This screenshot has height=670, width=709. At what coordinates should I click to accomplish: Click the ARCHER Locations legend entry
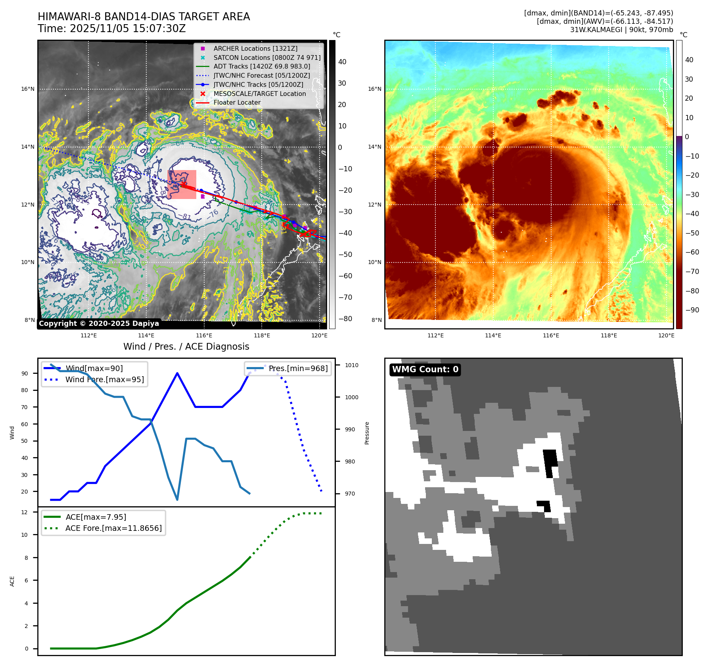click(x=255, y=48)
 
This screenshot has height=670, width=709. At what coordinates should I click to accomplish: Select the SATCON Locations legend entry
click(x=266, y=57)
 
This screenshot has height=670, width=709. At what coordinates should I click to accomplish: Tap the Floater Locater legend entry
click(x=237, y=102)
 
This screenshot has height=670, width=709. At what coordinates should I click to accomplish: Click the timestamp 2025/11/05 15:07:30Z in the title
click(x=128, y=29)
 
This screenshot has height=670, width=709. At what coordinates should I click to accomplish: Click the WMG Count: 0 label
click(x=425, y=369)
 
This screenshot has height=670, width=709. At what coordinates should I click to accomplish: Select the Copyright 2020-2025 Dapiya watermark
click(x=99, y=324)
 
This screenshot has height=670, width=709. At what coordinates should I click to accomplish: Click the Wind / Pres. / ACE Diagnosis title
click(x=186, y=346)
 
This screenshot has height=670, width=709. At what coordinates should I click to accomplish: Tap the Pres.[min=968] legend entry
click(x=298, y=369)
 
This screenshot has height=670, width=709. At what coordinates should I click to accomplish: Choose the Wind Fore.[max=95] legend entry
click(x=105, y=379)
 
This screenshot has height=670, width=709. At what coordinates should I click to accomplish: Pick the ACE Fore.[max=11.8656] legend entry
click(x=113, y=528)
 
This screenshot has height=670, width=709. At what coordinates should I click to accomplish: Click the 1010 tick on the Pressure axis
click(x=351, y=365)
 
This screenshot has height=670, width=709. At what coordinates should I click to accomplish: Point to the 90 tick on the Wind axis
click(x=25, y=373)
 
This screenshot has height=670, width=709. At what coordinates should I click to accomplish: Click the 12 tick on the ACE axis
click(x=25, y=512)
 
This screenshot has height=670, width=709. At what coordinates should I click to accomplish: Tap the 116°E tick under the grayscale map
click(x=204, y=335)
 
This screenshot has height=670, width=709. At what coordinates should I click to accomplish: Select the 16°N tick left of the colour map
click(x=375, y=89)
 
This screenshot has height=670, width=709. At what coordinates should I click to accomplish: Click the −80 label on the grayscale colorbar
click(x=345, y=319)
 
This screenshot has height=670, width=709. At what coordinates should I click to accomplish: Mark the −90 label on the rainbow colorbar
click(x=692, y=310)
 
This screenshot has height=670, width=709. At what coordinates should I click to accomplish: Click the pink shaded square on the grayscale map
click(x=182, y=184)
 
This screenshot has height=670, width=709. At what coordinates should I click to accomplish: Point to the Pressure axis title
click(x=367, y=433)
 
